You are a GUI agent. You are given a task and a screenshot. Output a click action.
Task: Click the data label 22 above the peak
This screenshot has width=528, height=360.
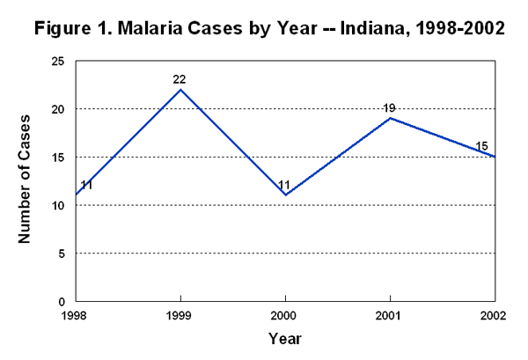[x=180, y=79]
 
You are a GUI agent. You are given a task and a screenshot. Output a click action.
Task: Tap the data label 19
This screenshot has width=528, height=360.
[x=389, y=108]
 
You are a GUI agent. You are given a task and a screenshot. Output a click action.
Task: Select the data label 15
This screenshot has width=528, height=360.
[x=480, y=146]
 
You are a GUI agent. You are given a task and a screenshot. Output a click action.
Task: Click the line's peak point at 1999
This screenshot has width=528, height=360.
[x=180, y=90]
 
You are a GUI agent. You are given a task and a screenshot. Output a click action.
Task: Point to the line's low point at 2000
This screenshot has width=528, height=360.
[x=285, y=195]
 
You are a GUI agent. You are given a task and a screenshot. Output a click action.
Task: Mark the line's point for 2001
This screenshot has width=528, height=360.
[x=389, y=118]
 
